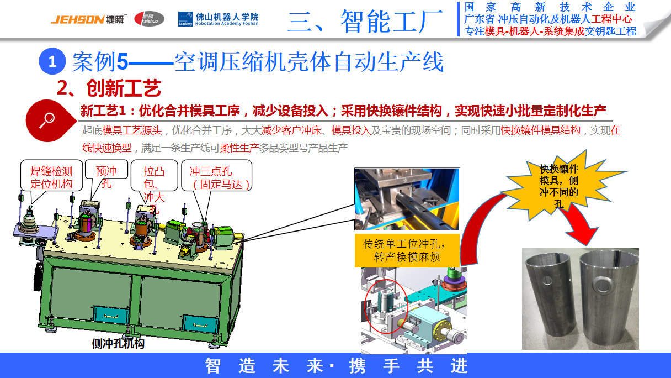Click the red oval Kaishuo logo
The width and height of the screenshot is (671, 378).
pyautogui.click(x=149, y=19)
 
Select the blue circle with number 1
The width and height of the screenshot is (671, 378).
pyautogui.click(x=52, y=61)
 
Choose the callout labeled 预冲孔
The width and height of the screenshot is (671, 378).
pyautogui.click(x=106, y=176)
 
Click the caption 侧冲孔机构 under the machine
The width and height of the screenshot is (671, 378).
pyautogui.click(x=118, y=344)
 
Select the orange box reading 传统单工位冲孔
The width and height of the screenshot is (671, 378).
pyautogui.click(x=407, y=250)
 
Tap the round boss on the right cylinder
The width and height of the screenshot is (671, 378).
pyautogui.click(x=604, y=285)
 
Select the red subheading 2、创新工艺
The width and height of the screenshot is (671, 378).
pyautogui.click(x=109, y=87)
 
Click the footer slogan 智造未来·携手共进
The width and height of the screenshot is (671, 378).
pyautogui.click(x=336, y=365)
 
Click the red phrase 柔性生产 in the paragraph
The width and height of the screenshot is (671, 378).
pyautogui.click(x=239, y=148)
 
